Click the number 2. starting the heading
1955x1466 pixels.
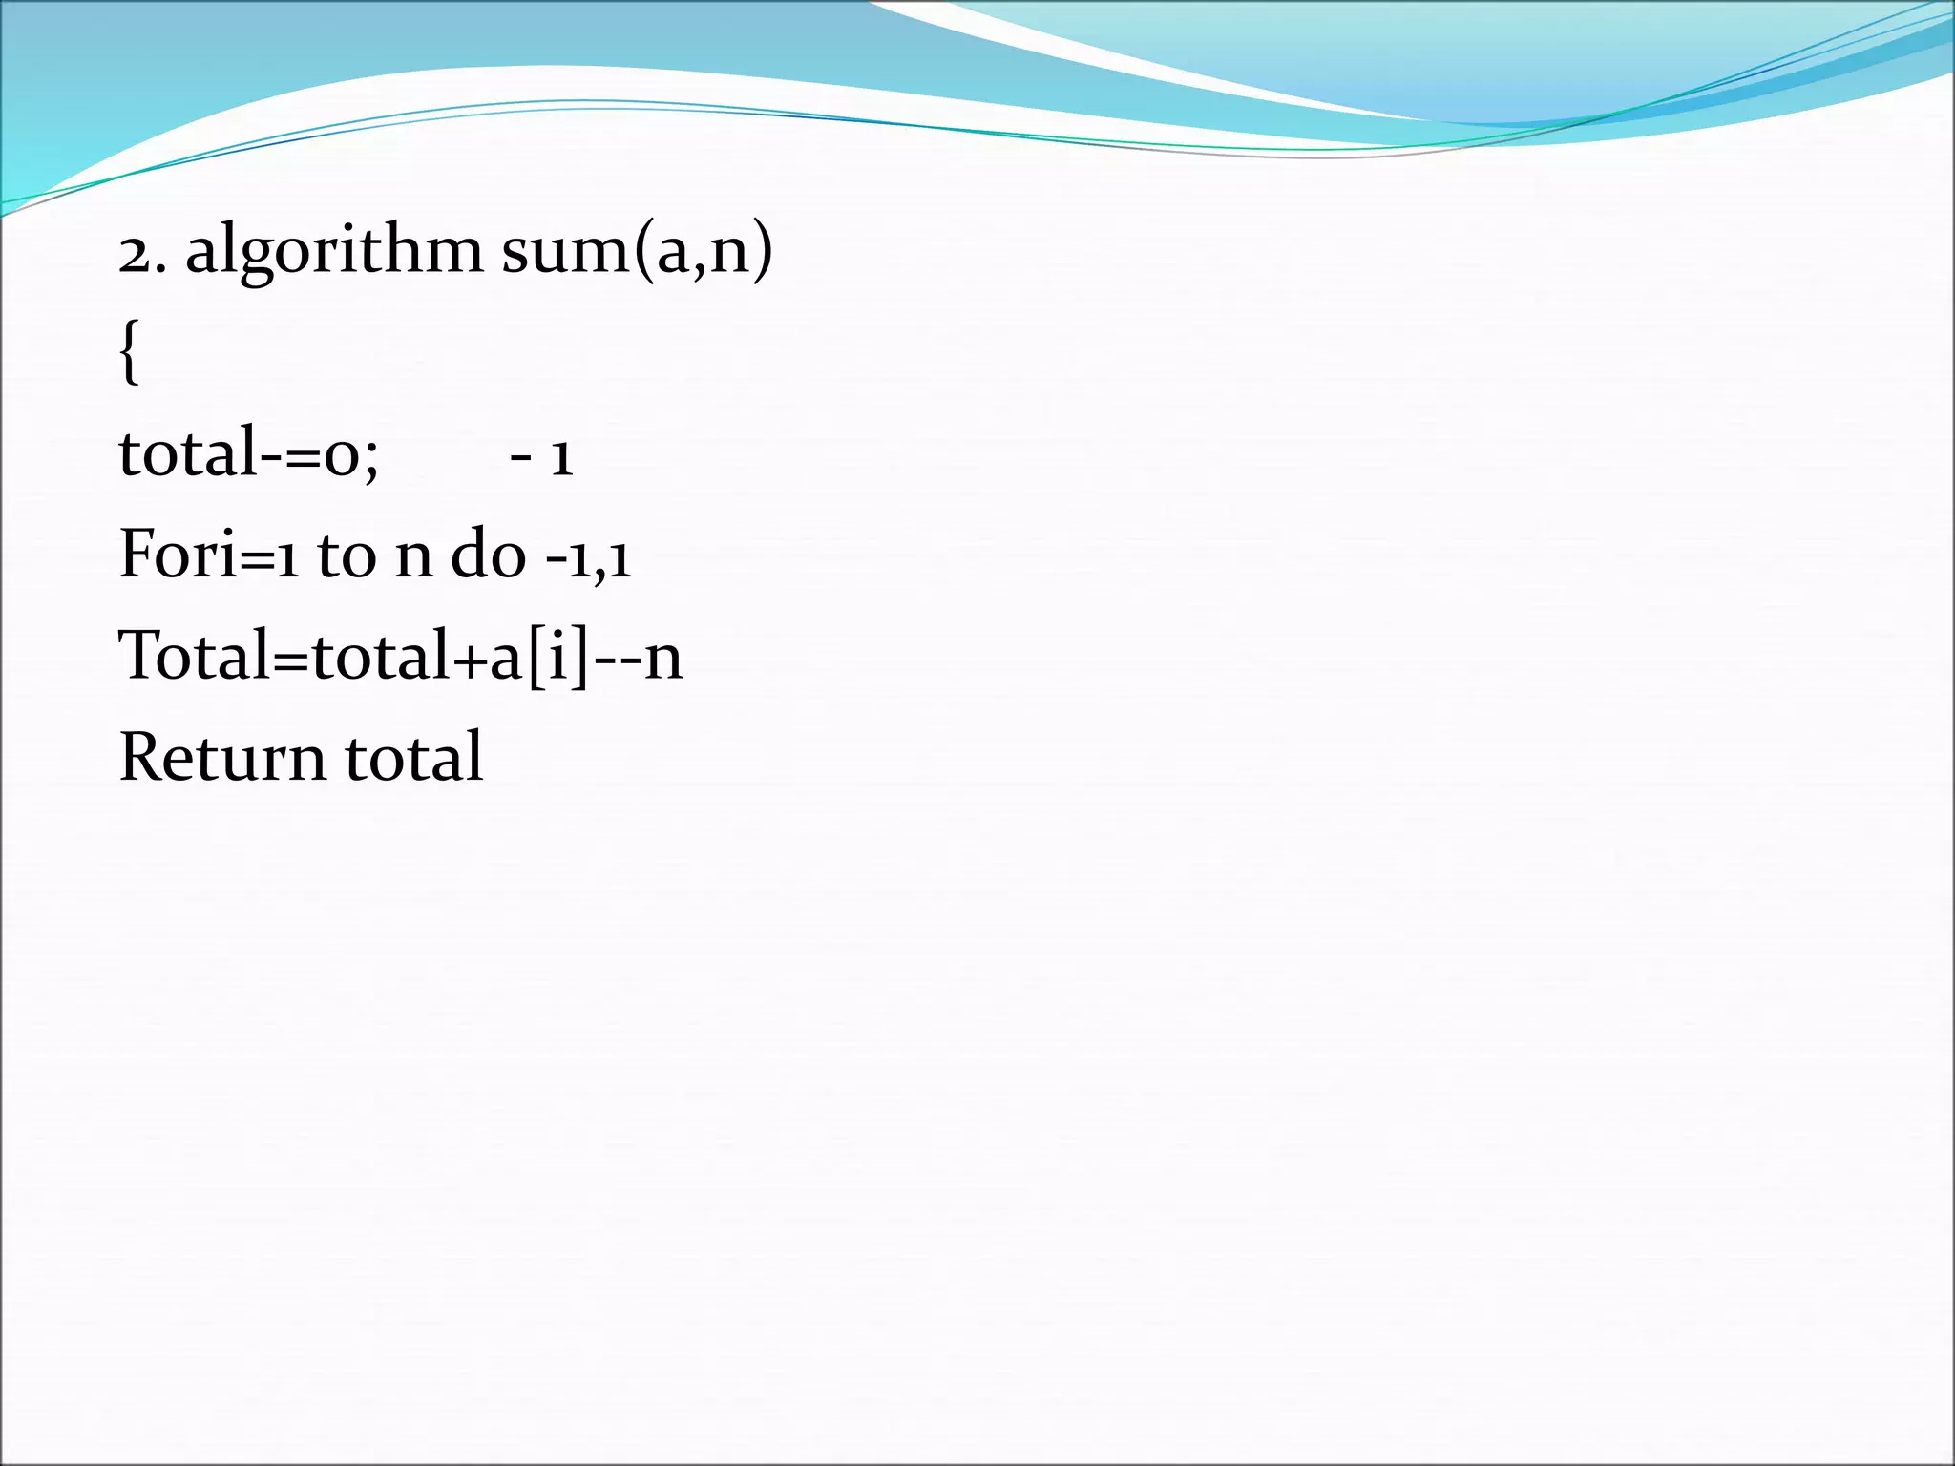click(142, 253)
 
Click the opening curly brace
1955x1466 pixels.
click(130, 353)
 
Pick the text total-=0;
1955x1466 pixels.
click(248, 452)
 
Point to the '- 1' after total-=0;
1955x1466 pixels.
click(541, 456)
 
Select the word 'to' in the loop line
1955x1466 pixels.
click(347, 555)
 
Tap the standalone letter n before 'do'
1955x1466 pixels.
click(413, 557)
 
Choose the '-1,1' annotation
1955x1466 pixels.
click(588, 557)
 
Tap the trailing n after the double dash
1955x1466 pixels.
click(663, 660)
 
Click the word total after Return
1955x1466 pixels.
click(413, 758)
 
